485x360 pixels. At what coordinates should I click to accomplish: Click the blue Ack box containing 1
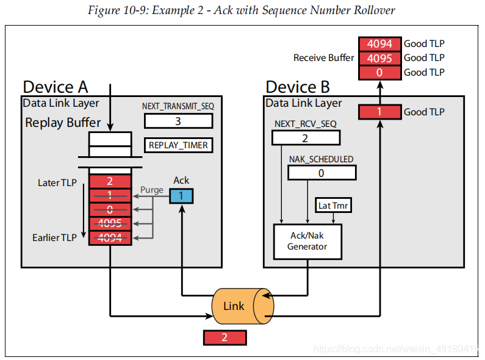click(181, 196)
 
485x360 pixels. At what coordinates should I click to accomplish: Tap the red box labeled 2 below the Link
click(225, 337)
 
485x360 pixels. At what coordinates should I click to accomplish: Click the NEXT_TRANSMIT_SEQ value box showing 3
click(178, 121)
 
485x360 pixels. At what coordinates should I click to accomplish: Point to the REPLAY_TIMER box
click(178, 145)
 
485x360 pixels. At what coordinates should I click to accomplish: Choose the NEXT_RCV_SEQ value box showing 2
click(304, 138)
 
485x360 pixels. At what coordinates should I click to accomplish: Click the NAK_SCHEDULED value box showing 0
click(321, 173)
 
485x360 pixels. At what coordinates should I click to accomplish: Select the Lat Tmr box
click(333, 206)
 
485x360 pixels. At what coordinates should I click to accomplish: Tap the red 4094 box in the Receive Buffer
click(379, 44)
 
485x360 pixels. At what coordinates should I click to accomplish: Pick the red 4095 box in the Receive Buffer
click(379, 58)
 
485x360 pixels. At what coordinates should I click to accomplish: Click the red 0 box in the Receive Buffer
click(379, 72)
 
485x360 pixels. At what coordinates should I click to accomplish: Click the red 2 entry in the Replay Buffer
click(110, 181)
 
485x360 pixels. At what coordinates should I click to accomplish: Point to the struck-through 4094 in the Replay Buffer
click(110, 237)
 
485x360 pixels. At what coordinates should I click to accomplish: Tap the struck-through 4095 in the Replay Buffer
click(110, 223)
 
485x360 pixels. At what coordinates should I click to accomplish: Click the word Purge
click(152, 190)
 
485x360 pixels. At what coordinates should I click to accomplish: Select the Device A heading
click(56, 87)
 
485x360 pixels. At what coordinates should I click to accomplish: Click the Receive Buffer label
click(323, 58)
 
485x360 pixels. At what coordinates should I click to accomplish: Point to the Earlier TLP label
click(54, 237)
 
